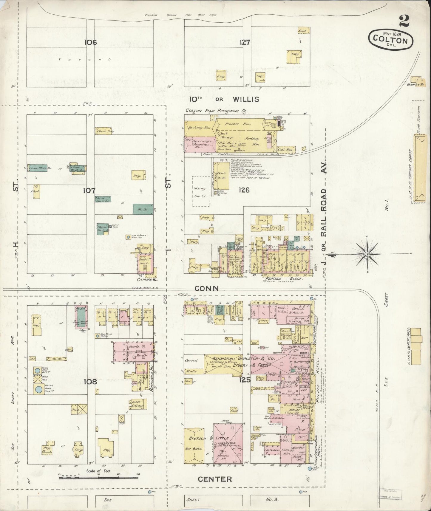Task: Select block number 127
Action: (245, 42)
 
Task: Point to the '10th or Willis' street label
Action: (225, 99)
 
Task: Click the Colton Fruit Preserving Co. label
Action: (216, 111)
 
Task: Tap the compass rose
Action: (367, 254)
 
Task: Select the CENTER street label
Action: (215, 479)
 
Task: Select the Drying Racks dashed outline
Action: (200, 191)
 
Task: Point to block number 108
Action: (90, 382)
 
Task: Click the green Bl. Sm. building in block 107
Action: (143, 209)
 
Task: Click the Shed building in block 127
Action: (304, 30)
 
